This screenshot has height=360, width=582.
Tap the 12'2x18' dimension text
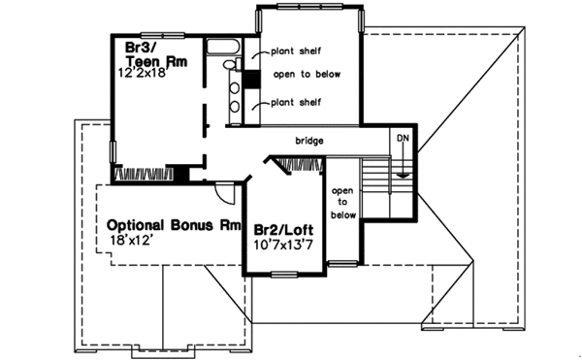pyautogui.click(x=151, y=72)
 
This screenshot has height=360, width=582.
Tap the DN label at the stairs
pyautogui.click(x=402, y=140)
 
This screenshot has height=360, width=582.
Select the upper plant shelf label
pyautogui.click(x=297, y=51)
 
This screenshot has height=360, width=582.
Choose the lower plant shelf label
pyautogui.click(x=297, y=102)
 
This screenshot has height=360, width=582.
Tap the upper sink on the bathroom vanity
pyautogui.click(x=234, y=83)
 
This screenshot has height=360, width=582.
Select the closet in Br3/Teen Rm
pyautogui.click(x=145, y=174)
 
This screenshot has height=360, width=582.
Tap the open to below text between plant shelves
pyautogui.click(x=297, y=77)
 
